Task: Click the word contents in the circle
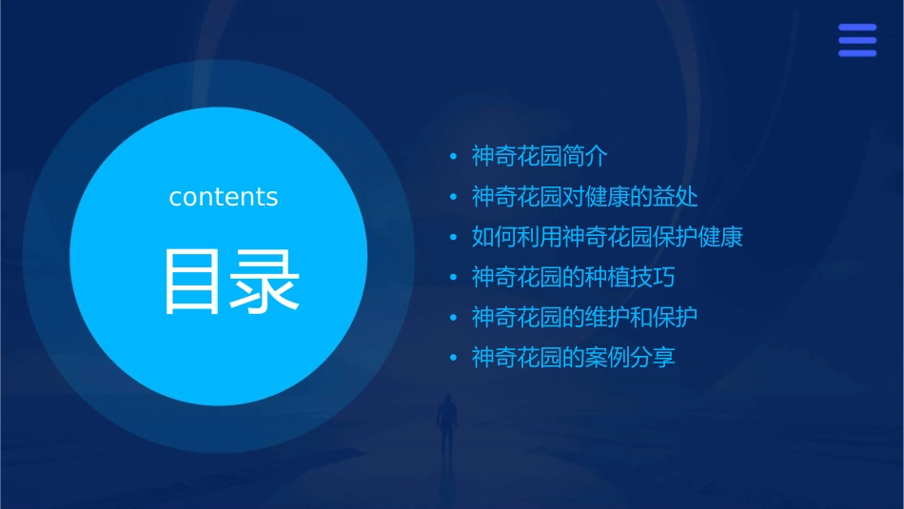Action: tap(224, 197)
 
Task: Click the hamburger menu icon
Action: tap(857, 40)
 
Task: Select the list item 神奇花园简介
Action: tap(540, 156)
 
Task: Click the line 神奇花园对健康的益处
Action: tap(585, 197)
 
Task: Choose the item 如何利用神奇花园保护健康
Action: tap(607, 237)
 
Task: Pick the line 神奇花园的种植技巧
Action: tap(574, 278)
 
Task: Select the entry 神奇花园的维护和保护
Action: tap(585, 317)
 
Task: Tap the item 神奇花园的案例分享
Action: tap(574, 358)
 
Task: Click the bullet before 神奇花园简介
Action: tap(453, 157)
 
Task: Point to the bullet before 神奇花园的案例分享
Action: tap(453, 359)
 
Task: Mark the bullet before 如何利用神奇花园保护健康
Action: tap(453, 238)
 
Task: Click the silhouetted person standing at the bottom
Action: tap(446, 424)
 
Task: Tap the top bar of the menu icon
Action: tap(857, 28)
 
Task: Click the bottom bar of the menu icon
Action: tap(857, 53)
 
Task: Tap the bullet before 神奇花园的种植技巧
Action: tap(453, 278)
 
